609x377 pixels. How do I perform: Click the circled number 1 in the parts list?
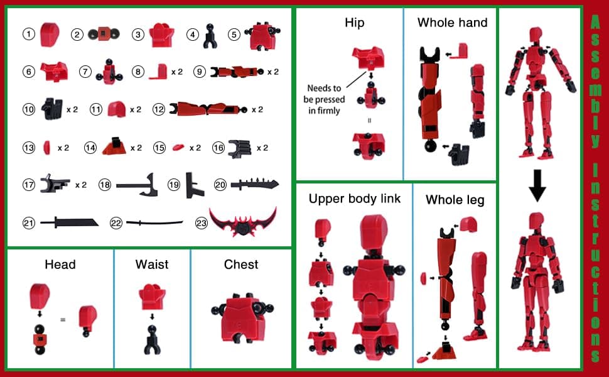[28, 34]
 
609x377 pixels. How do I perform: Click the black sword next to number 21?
[69, 222]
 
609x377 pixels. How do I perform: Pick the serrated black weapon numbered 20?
[254, 185]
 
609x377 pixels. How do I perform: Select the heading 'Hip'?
[354, 23]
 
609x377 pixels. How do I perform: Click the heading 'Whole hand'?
[452, 23]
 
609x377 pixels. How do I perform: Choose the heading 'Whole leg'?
[455, 200]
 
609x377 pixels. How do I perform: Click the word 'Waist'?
[152, 264]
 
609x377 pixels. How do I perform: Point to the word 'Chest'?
[241, 264]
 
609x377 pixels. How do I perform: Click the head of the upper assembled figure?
[536, 35]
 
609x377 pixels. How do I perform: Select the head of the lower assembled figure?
[536, 221]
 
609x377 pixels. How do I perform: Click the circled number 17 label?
[28, 185]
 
